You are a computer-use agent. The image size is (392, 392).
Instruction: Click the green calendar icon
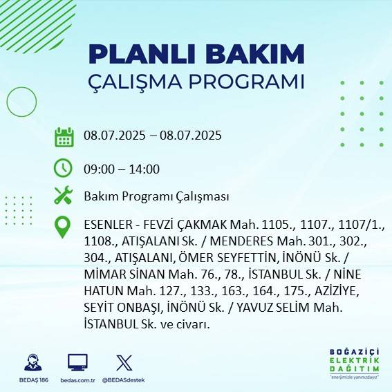[64, 136]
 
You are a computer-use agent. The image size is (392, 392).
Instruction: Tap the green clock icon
[64, 168]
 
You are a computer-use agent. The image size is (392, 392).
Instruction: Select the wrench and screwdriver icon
[64, 196]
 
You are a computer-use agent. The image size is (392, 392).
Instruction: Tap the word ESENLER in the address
[106, 225]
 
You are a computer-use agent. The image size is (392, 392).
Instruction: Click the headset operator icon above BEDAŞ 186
[32, 363]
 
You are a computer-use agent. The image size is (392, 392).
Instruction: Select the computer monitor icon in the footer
[77, 362]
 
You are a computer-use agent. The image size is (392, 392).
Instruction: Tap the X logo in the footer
[124, 362]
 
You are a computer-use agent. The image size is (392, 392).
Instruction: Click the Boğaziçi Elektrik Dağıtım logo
[353, 363]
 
